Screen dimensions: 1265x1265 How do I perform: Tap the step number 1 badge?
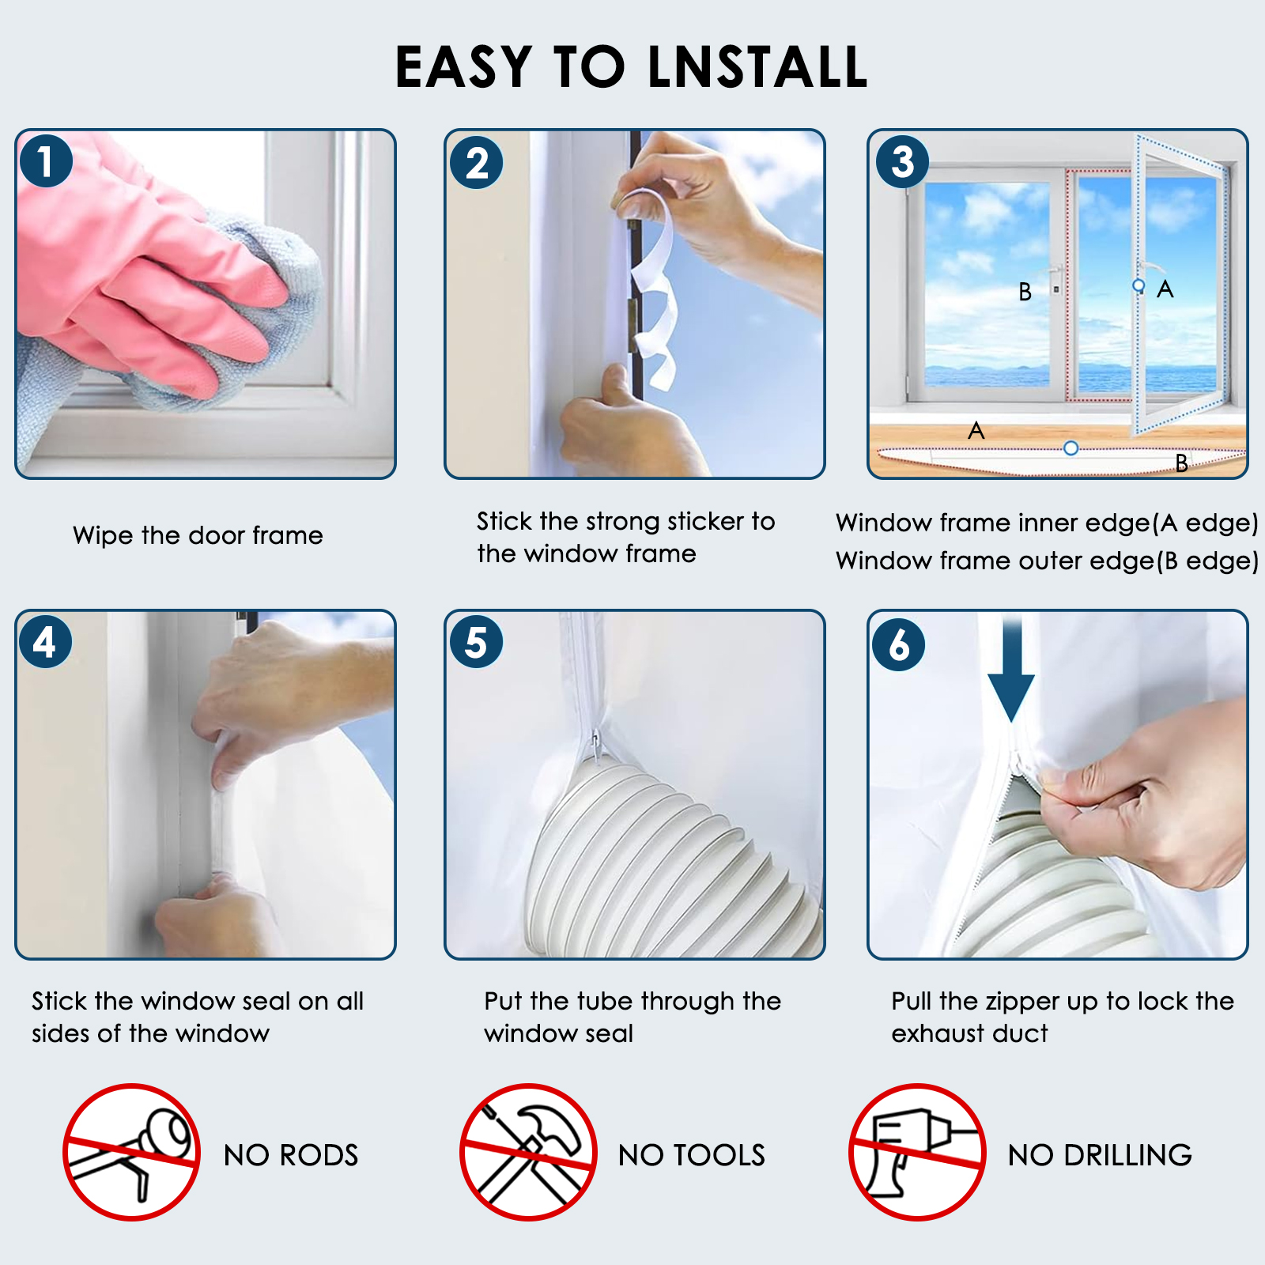point(46,161)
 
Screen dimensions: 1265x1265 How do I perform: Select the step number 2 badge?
point(477,163)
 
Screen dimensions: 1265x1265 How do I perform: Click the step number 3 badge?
point(902,161)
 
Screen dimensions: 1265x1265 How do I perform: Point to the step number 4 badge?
point(46,641)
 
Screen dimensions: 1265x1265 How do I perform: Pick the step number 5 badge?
point(477,641)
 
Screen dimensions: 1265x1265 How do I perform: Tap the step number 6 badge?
point(899,644)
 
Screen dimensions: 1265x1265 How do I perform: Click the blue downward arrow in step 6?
point(1011,670)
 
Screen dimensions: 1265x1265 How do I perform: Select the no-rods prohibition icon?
point(131,1152)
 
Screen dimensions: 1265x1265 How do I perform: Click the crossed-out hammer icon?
point(528,1152)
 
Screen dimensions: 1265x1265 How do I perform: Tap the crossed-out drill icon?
point(917,1152)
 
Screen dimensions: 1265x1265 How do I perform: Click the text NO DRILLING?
point(1100,1155)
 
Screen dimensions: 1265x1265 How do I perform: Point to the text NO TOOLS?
point(692,1155)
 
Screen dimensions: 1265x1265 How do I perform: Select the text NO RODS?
point(291,1155)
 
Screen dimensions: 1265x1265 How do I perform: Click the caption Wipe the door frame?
point(198,535)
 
